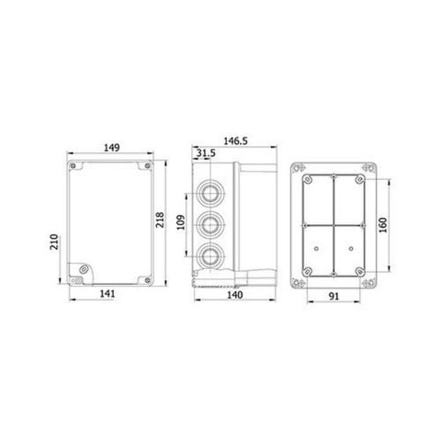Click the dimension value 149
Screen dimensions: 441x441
110,146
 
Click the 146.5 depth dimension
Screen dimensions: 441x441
237,140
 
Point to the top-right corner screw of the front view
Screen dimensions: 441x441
145,168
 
